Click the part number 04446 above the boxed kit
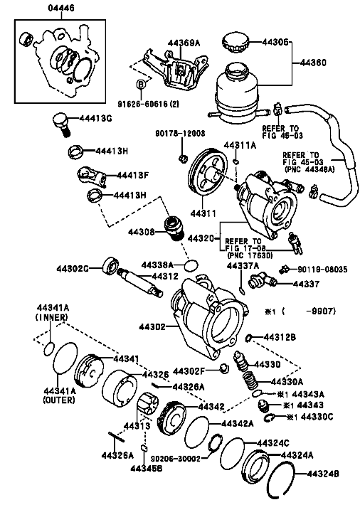point(61,8)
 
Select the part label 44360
point(313,63)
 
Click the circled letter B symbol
point(141,85)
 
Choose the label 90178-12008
point(180,134)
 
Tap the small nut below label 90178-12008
point(182,158)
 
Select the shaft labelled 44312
point(140,281)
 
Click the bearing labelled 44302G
point(110,266)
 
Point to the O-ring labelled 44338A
point(191,265)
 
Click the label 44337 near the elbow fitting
point(306,284)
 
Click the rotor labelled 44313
point(147,405)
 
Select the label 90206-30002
point(176,459)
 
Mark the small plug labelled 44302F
point(224,368)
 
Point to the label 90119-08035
point(323,270)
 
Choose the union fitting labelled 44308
point(174,228)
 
